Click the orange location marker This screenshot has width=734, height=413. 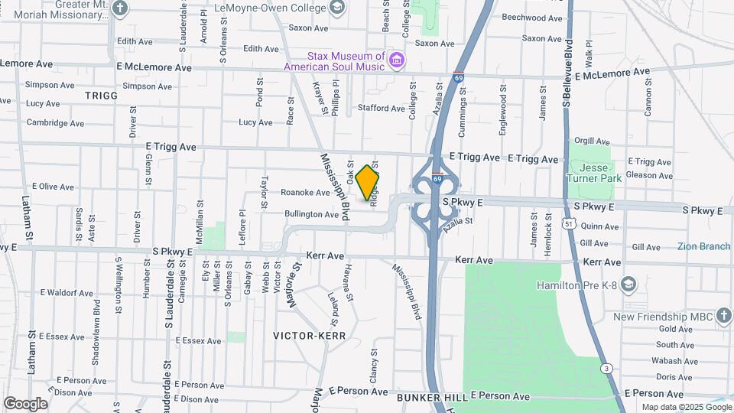tap(368, 182)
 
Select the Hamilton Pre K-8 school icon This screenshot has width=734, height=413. tap(628, 285)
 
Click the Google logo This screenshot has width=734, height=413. tap(25, 404)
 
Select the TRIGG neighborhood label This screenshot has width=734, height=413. tap(102, 96)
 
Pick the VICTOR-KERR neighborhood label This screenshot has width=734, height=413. tap(310, 335)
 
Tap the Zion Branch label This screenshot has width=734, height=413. tap(703, 246)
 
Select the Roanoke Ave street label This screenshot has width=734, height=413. tap(305, 193)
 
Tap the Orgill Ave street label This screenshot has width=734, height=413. tap(592, 141)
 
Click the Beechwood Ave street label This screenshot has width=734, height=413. tap(532, 18)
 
